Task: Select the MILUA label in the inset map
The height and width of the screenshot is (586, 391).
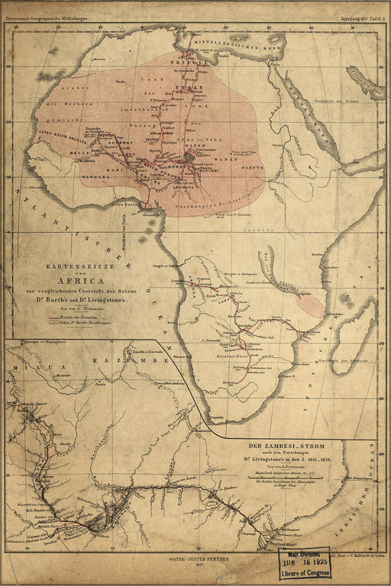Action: [31, 368]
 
